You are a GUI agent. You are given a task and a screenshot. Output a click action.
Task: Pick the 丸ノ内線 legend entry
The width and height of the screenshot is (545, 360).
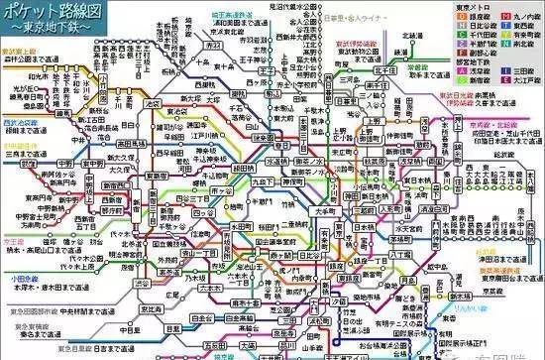point(523,17)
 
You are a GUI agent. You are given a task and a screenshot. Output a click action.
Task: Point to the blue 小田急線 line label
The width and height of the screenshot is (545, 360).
point(20,279)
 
